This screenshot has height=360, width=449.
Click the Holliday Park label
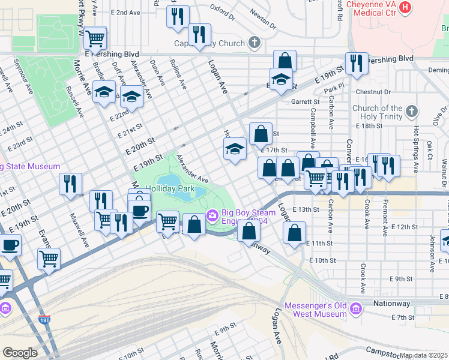(x=169, y=188)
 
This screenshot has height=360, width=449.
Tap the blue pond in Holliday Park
(x=170, y=179)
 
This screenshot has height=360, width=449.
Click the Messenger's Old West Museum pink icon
(x=356, y=309)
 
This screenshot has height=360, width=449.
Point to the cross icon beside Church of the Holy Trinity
(x=411, y=112)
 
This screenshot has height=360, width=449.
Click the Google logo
(x=19, y=353)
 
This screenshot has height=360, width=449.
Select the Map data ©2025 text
(x=423, y=355)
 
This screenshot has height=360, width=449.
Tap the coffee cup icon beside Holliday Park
(x=140, y=211)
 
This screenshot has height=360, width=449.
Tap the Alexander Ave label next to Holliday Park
(x=192, y=169)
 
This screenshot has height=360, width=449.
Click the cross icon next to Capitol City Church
(x=255, y=43)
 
